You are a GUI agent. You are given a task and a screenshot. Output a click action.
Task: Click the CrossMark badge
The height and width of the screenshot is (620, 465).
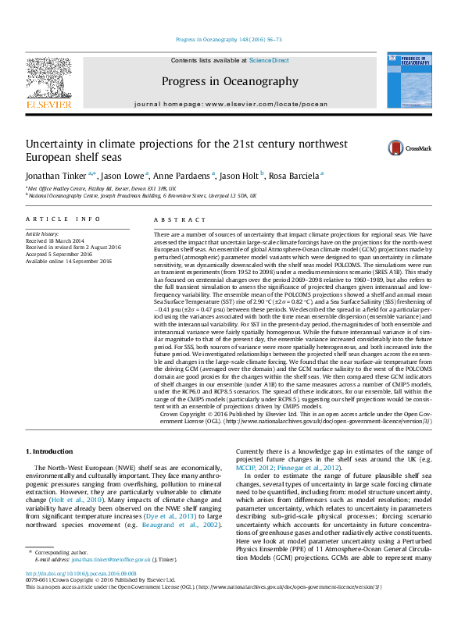click(x=404, y=148)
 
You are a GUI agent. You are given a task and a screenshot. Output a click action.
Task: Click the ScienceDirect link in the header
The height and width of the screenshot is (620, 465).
click(x=269, y=60)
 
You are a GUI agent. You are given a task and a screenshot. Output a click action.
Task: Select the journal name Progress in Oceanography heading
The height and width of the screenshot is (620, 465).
click(x=230, y=81)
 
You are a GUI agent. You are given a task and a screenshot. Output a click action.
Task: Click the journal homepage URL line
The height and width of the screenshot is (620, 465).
click(x=230, y=104)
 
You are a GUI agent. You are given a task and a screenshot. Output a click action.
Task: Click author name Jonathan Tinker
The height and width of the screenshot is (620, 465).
click(x=59, y=176)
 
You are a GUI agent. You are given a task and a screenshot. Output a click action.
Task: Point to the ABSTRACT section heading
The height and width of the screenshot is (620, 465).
click(x=173, y=220)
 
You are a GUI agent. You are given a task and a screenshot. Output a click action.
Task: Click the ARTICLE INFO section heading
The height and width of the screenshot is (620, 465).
click(x=63, y=220)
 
